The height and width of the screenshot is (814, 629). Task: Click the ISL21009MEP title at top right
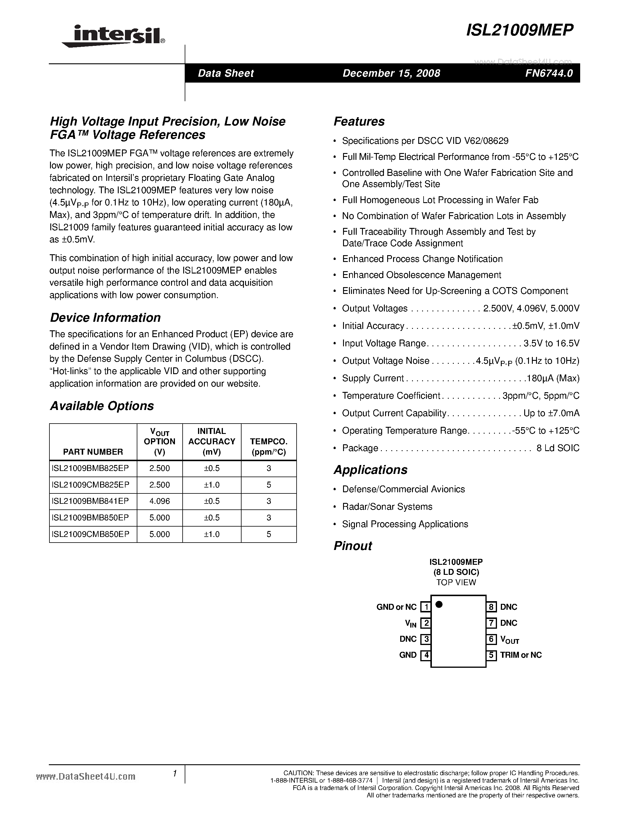point(520,30)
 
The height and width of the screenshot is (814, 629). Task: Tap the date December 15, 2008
point(391,73)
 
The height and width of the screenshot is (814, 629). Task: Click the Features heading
point(359,121)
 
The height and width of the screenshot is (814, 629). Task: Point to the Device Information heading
point(105,318)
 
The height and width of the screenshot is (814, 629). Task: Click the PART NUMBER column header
point(93,452)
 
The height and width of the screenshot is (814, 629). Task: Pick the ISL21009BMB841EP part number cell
point(91,501)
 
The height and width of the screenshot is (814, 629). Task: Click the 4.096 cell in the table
point(160,501)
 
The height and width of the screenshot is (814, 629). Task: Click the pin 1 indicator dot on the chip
point(439,604)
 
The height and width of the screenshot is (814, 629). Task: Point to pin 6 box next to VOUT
point(491,639)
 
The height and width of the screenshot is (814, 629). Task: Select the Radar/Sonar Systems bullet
point(387,506)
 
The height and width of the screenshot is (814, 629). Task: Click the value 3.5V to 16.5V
point(551,343)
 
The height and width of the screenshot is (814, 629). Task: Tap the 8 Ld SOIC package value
point(558,448)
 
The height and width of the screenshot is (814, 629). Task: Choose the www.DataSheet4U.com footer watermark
point(86,776)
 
